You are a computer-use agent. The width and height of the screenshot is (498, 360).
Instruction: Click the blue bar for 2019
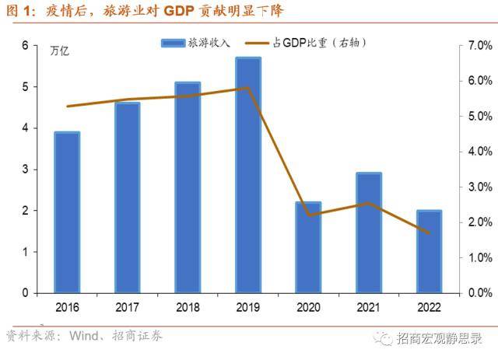[248, 175]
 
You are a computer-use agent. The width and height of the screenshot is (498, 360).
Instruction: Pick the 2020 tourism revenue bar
[308, 247]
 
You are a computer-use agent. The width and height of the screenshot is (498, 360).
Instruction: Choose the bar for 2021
[369, 232]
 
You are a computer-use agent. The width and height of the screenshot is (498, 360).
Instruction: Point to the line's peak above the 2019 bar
[247, 87]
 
